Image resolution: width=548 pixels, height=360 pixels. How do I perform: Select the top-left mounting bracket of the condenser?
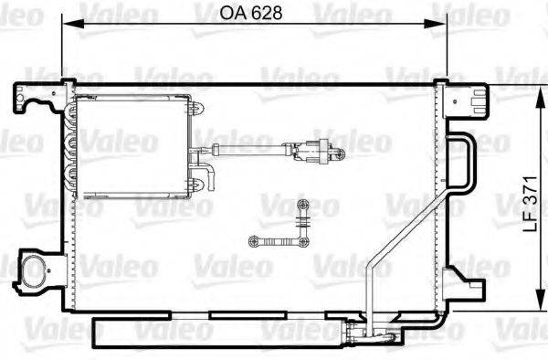pyautogui.click(x=30, y=96)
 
